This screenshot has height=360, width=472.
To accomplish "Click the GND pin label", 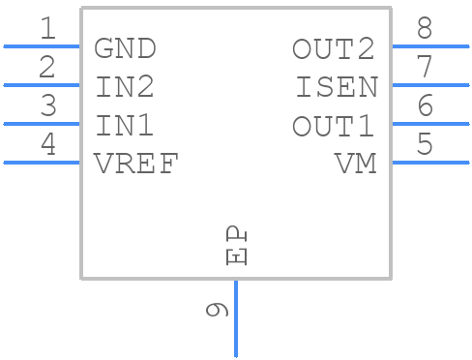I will tap(125, 48).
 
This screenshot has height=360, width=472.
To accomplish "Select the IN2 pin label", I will tap(125, 87).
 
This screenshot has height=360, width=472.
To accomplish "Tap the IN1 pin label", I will tap(125, 126).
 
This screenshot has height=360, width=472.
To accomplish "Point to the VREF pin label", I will tap(136, 165).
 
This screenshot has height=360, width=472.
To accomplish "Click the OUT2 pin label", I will tap(334, 48).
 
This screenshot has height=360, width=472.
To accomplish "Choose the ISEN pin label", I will tap(337, 87).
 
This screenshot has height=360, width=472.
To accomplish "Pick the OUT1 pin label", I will tap(334, 126).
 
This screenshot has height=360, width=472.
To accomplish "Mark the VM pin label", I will tap(355, 165).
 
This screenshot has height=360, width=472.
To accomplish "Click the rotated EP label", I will tap(237, 247).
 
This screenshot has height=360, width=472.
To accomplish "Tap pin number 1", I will tap(47, 29).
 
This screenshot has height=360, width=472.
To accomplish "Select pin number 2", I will tap(47, 68).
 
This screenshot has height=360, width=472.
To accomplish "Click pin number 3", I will tap(47, 106).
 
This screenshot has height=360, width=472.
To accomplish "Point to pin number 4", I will tap(47, 145).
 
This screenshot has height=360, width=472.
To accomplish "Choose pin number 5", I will tap(425, 145).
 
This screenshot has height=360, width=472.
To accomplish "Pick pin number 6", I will tap(425, 106).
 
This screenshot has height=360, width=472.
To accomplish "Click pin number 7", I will tap(425, 68).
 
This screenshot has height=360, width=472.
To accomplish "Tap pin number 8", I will tap(425, 29).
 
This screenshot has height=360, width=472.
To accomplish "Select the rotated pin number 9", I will tap(217, 311).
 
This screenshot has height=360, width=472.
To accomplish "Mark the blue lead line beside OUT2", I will tap(429, 45).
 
